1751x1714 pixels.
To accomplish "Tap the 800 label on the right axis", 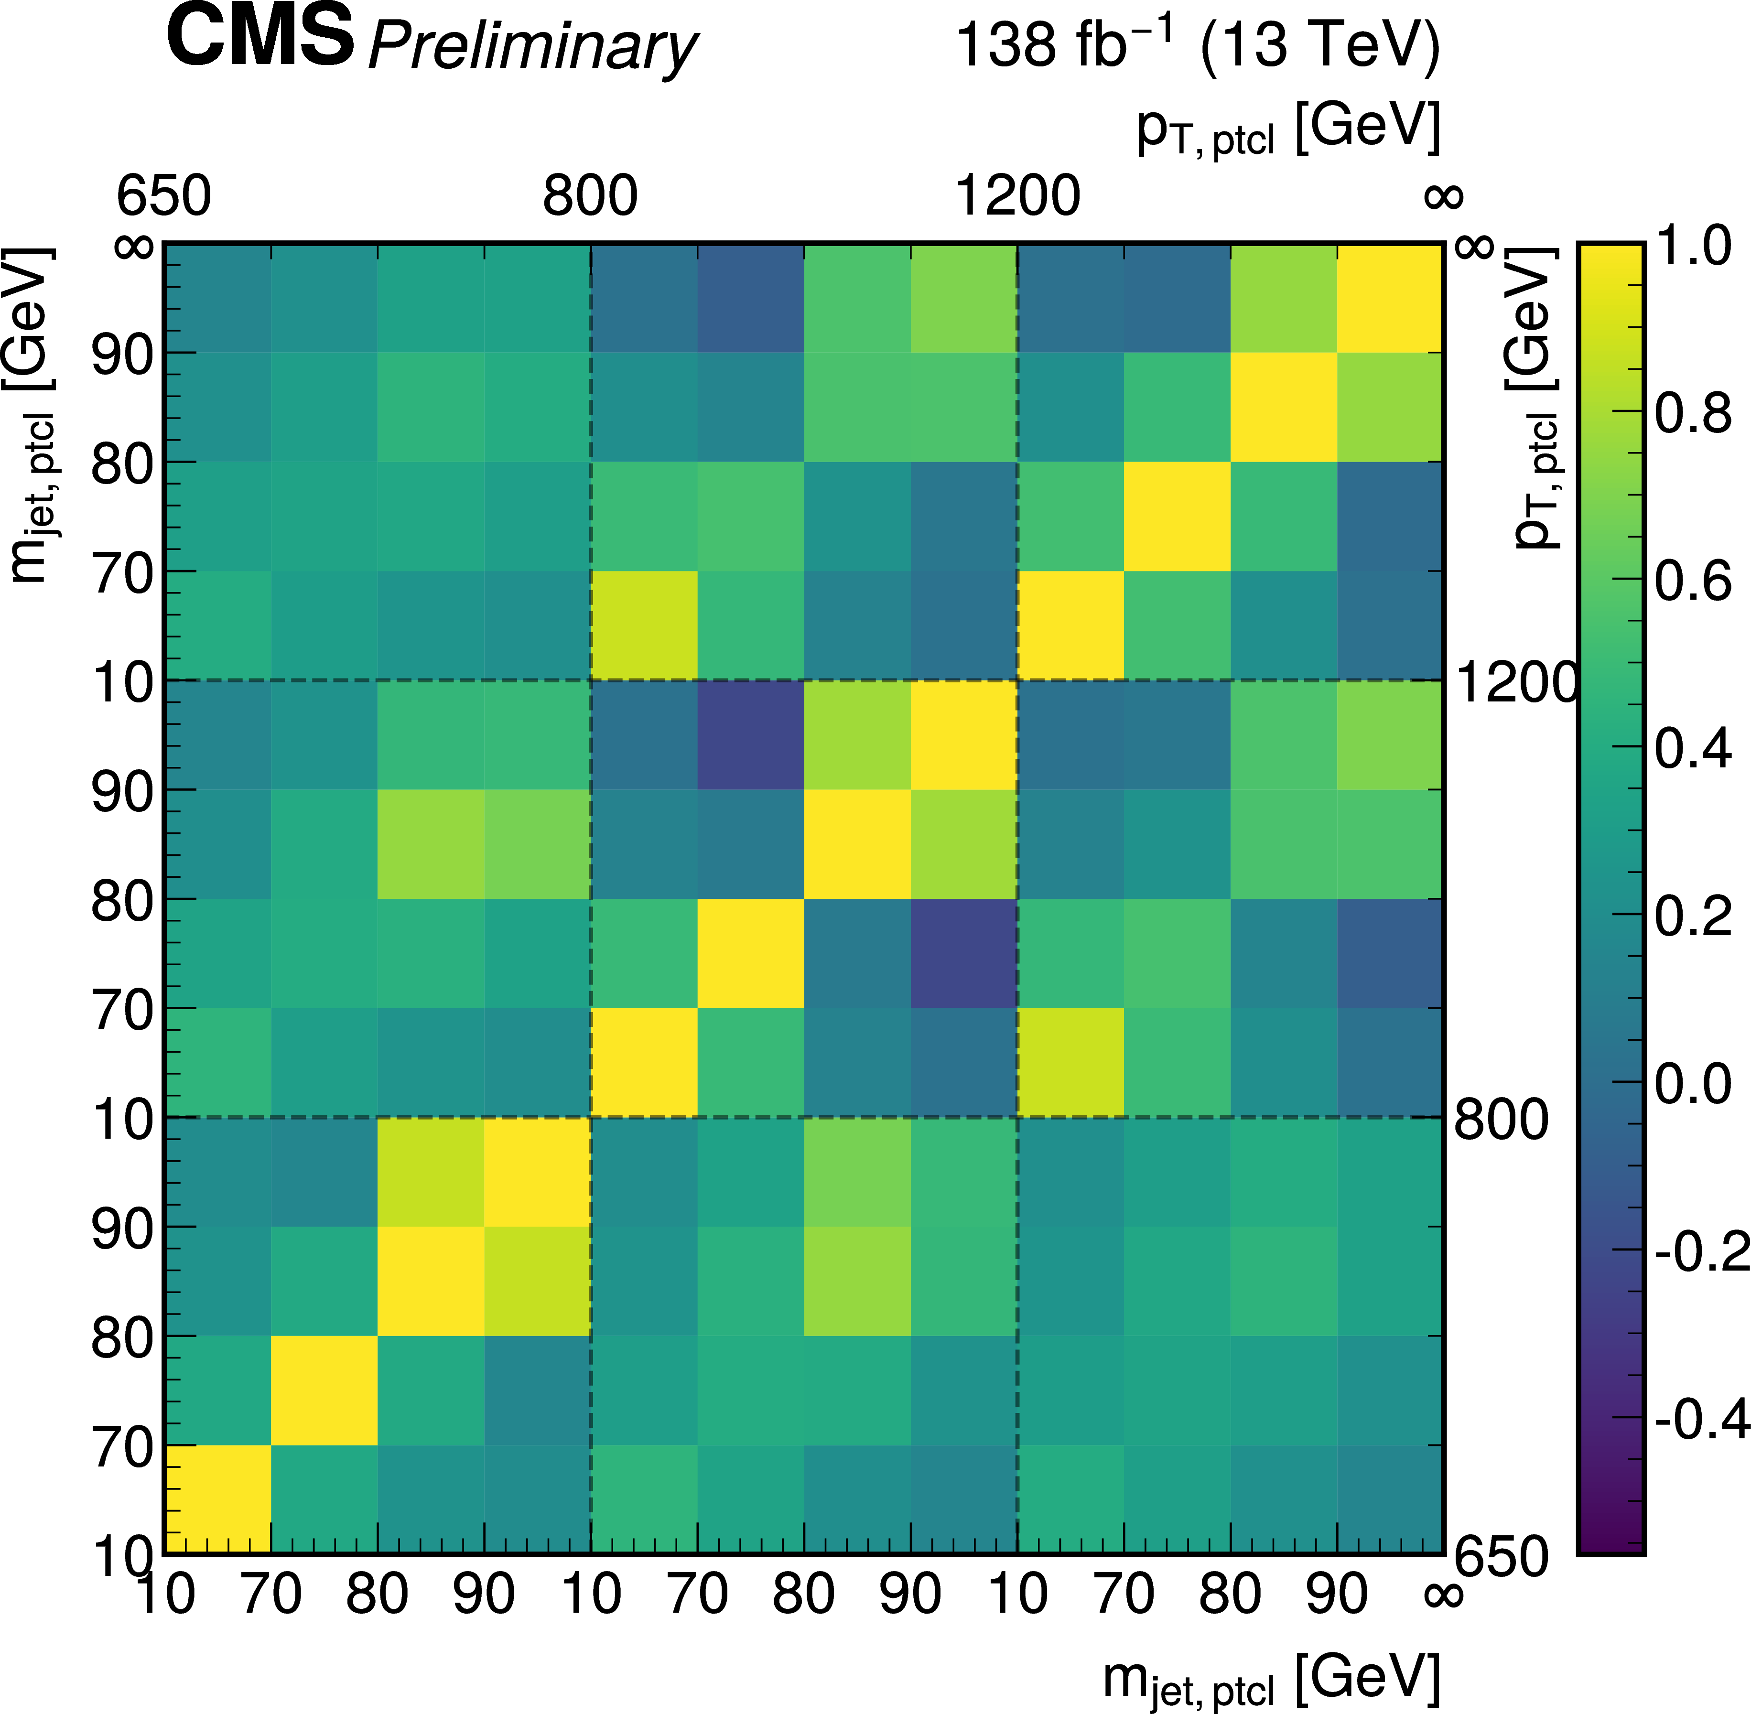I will click(1501, 1120).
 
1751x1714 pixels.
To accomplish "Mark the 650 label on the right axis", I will click(1501, 1555).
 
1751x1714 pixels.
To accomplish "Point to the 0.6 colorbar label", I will click(1693, 581).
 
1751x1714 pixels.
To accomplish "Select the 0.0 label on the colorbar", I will click(1693, 1083).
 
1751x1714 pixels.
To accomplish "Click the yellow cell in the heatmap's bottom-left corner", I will click(217, 1499).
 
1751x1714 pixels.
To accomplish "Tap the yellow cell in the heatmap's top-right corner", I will click(1389, 297).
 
